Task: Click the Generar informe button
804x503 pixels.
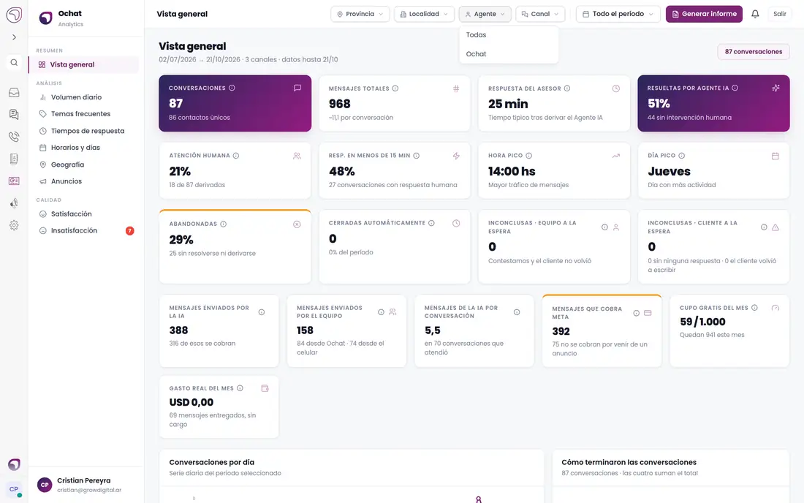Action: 703,14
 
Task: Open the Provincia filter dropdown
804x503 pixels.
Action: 360,14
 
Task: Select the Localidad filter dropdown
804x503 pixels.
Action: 424,14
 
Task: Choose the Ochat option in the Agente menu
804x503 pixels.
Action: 477,54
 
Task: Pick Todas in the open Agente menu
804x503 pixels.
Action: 477,35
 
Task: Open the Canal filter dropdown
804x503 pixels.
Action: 540,14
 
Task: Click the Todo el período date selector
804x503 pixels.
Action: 618,14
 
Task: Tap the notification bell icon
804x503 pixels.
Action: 755,14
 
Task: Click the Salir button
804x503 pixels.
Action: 779,14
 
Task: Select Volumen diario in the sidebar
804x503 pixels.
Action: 77,97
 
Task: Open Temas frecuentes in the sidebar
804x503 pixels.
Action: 80,114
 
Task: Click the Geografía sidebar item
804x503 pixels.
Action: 68,164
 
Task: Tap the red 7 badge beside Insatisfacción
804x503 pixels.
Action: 129,231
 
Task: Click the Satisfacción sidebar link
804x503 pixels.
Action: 72,213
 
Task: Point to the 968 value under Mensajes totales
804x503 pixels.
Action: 339,104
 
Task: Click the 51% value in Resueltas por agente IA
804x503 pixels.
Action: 659,104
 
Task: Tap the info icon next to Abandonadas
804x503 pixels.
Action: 223,224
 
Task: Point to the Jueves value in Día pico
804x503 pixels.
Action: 669,171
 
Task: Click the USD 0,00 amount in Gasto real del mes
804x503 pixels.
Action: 191,403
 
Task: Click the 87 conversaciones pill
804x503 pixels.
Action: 754,52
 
